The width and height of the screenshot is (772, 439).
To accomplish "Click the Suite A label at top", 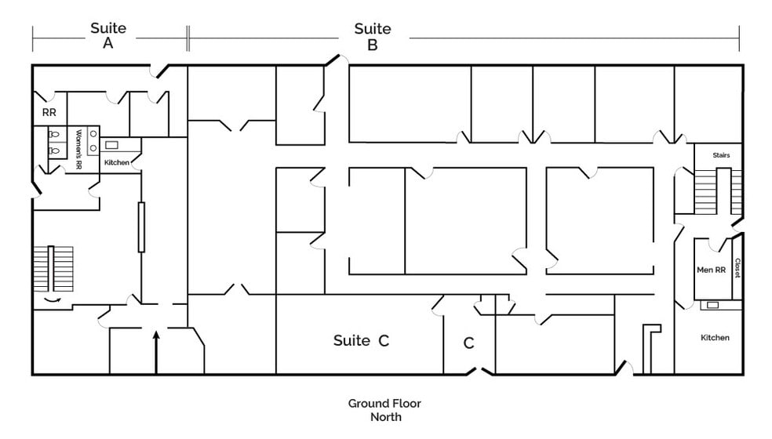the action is point(108,35).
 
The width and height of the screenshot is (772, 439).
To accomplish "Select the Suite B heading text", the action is point(373,36).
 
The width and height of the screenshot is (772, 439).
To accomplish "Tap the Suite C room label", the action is point(362,340).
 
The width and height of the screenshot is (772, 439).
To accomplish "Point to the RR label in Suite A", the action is point(49,113).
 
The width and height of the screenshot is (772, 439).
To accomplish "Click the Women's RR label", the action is point(78,150).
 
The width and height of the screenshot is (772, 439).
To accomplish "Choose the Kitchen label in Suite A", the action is point(117,162).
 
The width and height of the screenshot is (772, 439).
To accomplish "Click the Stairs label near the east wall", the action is point(721,155).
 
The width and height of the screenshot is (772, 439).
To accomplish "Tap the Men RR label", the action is point(712,270).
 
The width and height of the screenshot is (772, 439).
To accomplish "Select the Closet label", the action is point(737,268).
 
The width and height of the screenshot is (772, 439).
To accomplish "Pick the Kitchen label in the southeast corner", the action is point(715,338).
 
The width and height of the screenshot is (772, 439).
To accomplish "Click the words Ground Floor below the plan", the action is point(384,404).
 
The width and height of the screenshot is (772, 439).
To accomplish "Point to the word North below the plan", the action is point(386,417).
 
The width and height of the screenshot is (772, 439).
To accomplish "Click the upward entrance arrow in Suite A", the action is point(157,353).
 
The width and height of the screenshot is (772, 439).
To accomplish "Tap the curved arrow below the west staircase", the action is point(53,299).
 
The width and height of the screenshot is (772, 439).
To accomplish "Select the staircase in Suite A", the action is point(53,269).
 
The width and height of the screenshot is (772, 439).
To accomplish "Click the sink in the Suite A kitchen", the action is point(111,145).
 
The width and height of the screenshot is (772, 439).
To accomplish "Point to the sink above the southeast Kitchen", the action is point(712,305).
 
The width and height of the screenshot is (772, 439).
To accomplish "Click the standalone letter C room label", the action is point(468,343).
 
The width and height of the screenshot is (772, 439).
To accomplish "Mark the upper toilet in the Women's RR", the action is point(54,134).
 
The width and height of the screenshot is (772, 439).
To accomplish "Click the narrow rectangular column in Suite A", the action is point(141,227).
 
